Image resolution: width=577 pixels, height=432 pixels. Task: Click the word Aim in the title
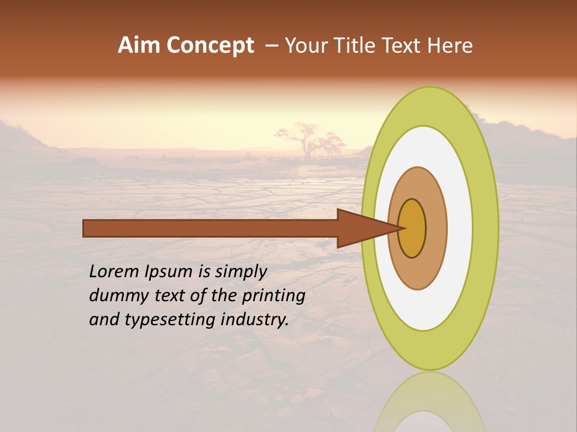coord(139,46)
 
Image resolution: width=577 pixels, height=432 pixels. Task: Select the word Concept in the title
coord(209,46)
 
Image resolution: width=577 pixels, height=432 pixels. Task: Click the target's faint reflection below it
coord(430,402)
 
